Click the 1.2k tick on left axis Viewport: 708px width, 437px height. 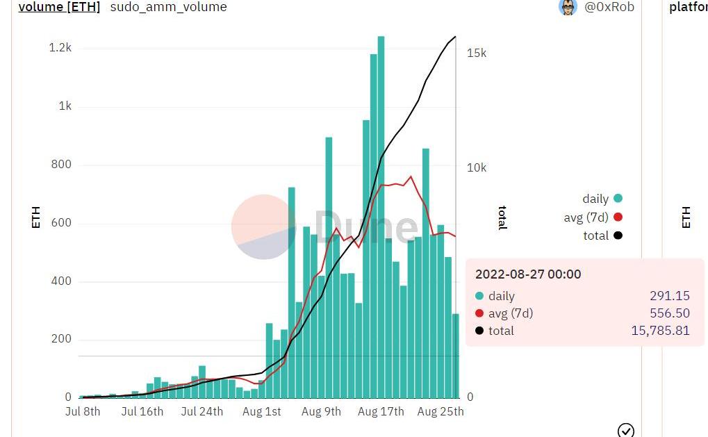point(60,48)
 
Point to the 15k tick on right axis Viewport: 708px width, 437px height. point(476,53)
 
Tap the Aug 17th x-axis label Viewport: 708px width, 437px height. point(381,411)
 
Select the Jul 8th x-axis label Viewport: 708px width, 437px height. point(83,411)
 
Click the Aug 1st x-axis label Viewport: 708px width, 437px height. point(262,411)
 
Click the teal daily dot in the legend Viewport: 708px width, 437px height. point(618,199)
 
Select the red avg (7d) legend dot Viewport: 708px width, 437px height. point(618,217)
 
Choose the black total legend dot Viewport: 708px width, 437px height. point(618,236)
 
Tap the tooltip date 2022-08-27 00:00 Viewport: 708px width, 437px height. point(528,274)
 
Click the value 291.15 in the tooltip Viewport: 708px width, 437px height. point(670,296)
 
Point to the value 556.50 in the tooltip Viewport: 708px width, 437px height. point(670,313)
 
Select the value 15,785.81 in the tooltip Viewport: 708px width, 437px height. point(660,331)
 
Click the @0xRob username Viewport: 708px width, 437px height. point(609,7)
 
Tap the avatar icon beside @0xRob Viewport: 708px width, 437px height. point(568,7)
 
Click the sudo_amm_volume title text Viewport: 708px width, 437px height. point(168,7)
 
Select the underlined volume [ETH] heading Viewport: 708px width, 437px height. point(59,7)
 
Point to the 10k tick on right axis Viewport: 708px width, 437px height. point(476,167)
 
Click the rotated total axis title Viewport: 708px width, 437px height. point(502,217)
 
